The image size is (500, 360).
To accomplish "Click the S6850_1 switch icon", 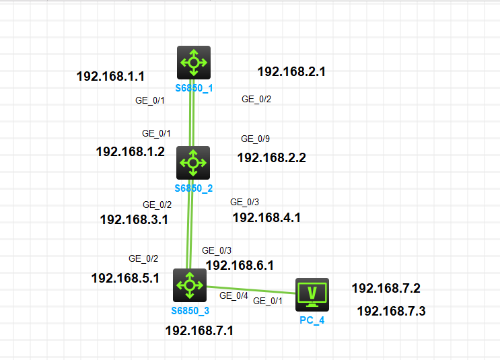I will tap(194, 63).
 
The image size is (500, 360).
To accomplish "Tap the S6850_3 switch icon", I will tap(189, 285).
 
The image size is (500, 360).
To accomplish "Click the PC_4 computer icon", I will tap(312, 294).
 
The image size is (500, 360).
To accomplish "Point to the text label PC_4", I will tap(312, 320).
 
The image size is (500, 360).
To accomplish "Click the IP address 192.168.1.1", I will tap(111, 76).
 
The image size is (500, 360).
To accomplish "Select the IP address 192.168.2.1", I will tap(291, 71).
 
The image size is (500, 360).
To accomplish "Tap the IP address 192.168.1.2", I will tap(131, 151).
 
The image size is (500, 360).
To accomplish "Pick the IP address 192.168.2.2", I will tap(272, 158).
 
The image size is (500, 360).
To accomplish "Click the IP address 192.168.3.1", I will tap(134, 219).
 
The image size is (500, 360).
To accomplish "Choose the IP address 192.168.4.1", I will tap(266, 217).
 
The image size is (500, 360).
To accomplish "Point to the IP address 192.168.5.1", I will tap(125, 278).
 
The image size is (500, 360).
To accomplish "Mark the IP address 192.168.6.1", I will tap(240, 265).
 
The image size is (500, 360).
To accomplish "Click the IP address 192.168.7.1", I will tap(199, 330).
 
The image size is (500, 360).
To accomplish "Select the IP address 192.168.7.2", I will tap(386, 288).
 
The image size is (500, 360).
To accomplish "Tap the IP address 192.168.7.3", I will tap(391, 311).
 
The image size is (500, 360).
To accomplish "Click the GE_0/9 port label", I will tap(255, 139).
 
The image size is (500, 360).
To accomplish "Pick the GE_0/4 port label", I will tap(234, 295).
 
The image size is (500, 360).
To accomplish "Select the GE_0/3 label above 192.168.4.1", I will tap(244, 202).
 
